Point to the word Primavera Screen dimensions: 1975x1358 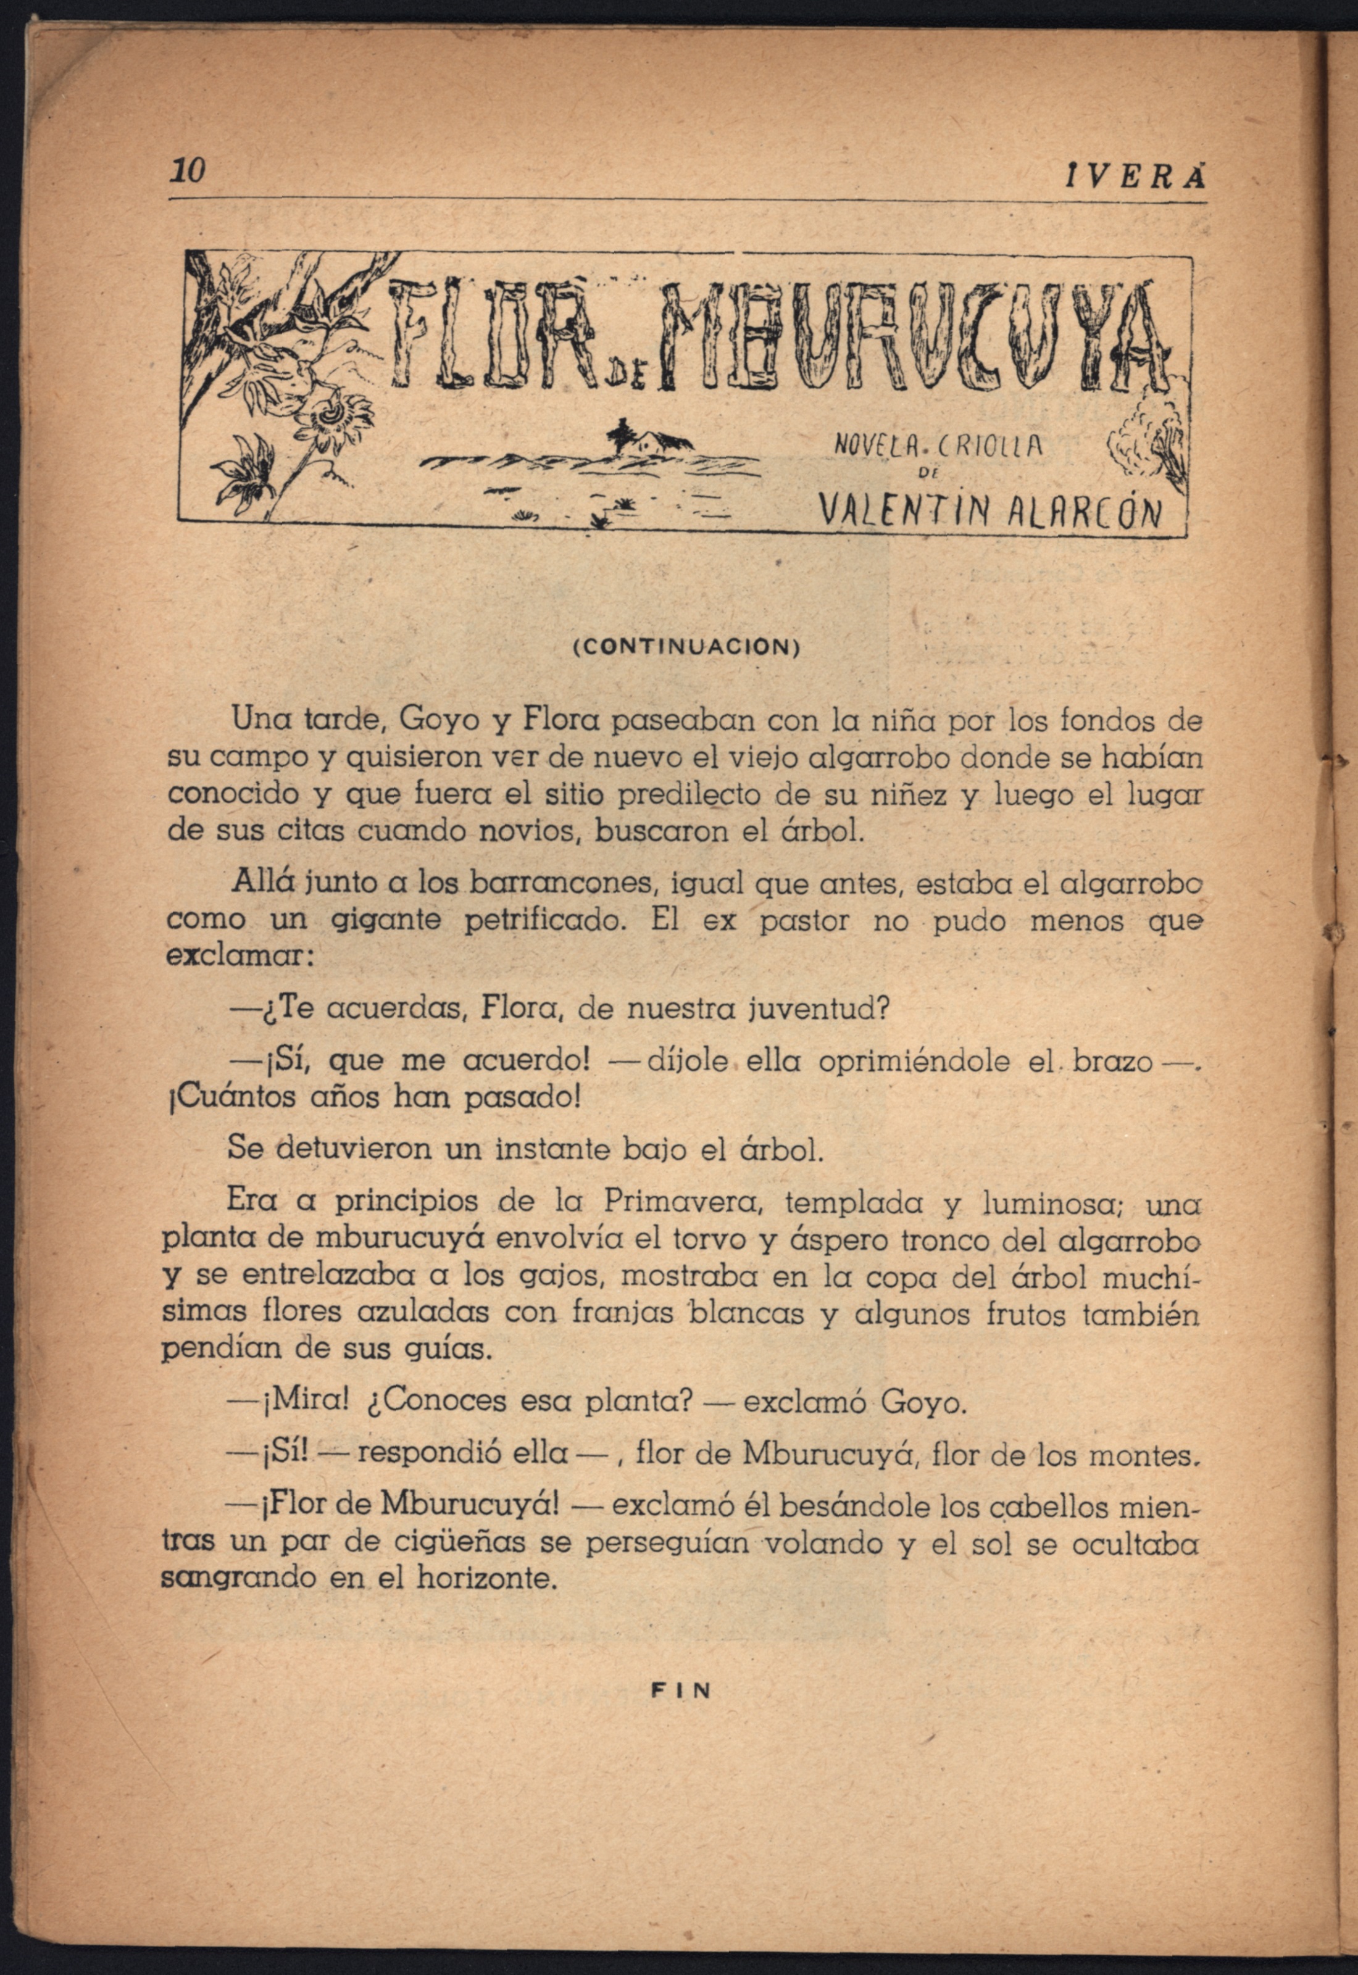pyautogui.click(x=677, y=1203)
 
